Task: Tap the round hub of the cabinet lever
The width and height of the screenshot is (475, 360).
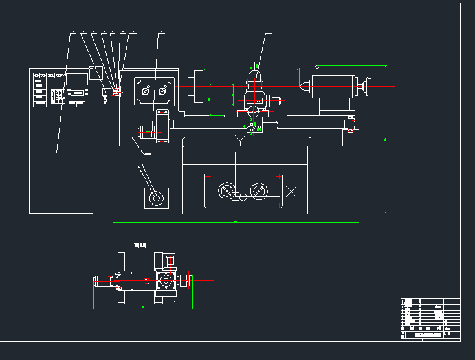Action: tap(155, 198)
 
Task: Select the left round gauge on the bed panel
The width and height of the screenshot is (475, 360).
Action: tap(226, 190)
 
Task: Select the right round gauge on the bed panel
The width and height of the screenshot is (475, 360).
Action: tap(259, 190)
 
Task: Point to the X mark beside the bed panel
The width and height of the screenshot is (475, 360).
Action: tap(291, 191)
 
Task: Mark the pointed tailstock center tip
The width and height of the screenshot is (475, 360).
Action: tap(301, 85)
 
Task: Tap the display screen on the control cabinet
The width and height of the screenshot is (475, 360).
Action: tap(78, 80)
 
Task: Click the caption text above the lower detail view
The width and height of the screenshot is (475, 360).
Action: tap(140, 245)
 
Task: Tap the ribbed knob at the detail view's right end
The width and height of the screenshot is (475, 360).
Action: tap(188, 281)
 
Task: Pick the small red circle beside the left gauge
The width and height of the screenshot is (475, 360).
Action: tap(243, 197)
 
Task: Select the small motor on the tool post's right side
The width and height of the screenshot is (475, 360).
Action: tap(274, 100)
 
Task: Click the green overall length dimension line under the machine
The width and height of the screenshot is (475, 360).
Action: tap(236, 222)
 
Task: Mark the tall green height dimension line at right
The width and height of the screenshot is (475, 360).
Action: tap(386, 139)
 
